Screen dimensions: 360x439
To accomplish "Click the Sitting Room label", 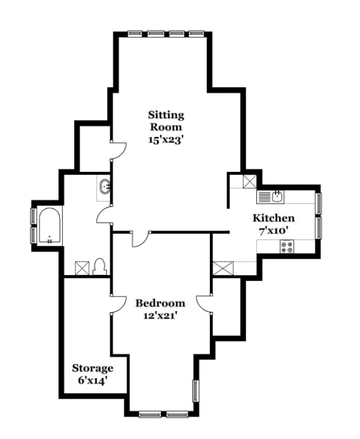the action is pyautogui.click(x=166, y=121).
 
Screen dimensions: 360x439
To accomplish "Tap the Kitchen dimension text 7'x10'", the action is pyautogui.click(x=274, y=231).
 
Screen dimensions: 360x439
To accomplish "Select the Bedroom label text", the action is pyautogui.click(x=160, y=303).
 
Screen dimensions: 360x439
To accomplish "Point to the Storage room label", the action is pyautogui.click(x=93, y=368).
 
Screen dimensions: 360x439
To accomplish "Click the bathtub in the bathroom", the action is pyautogui.click(x=49, y=226).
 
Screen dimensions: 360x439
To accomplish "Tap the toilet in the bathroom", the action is pyautogui.click(x=99, y=267).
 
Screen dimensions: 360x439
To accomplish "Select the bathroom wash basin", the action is pyautogui.click(x=106, y=187).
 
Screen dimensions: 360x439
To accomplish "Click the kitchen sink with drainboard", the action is pyautogui.click(x=270, y=197).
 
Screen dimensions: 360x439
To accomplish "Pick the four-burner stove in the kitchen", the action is pyautogui.click(x=286, y=247).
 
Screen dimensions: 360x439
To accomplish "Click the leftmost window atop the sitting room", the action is pyautogui.click(x=135, y=34).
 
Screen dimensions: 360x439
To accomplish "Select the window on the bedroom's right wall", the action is pyautogui.click(x=195, y=391).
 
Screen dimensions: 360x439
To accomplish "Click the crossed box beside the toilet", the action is pyautogui.click(x=82, y=268).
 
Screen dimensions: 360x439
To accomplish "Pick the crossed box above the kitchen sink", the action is pyautogui.click(x=250, y=182).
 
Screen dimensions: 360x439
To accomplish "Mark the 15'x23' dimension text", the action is pyautogui.click(x=166, y=140).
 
